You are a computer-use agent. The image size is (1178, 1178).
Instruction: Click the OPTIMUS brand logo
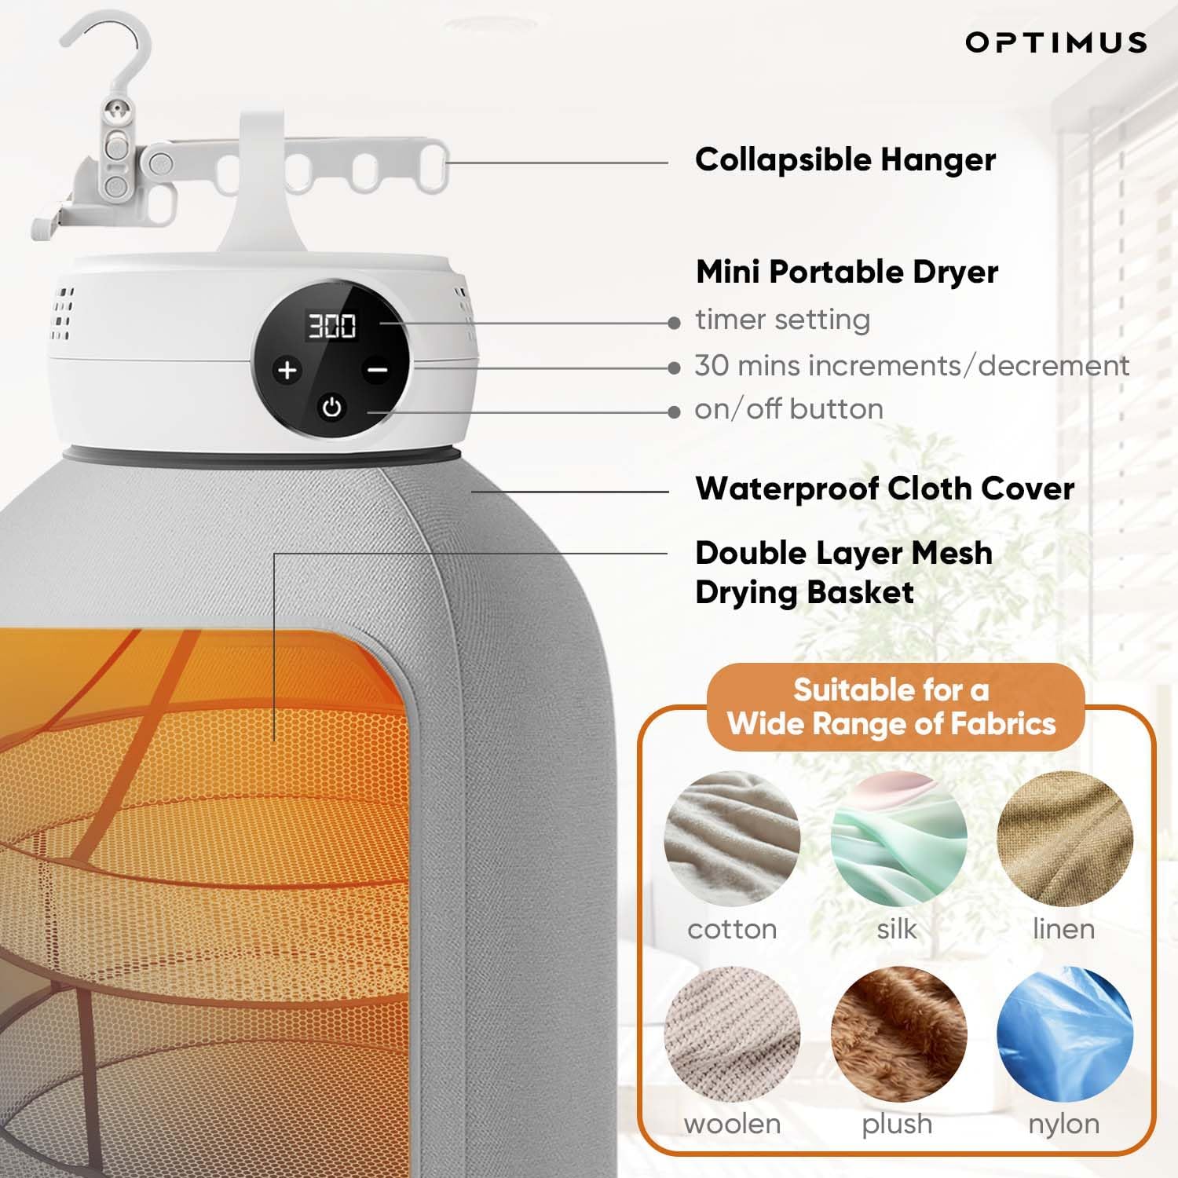click(1055, 42)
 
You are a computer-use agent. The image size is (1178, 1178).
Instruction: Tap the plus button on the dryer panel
click(287, 370)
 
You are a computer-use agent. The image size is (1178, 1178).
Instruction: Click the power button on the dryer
click(332, 408)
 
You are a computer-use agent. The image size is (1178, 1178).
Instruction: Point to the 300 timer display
click(331, 326)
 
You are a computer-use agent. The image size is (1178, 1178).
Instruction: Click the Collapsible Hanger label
click(845, 160)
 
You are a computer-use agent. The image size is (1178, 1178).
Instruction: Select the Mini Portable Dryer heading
click(847, 273)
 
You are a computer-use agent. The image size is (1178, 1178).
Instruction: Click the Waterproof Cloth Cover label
click(884, 488)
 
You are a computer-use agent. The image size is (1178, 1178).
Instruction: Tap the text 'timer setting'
click(782, 320)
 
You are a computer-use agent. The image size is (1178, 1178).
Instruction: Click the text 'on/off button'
click(788, 409)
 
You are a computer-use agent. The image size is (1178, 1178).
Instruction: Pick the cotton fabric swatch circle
click(732, 839)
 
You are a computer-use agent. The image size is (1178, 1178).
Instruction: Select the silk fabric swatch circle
click(898, 839)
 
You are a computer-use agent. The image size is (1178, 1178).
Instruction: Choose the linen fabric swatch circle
click(1064, 839)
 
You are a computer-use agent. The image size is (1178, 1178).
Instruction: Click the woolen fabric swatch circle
click(732, 1033)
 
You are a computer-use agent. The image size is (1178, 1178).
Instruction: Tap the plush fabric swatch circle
click(898, 1033)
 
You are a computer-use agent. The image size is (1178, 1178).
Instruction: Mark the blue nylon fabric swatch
click(1064, 1033)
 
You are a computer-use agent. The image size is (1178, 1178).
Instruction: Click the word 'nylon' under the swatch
click(1063, 1124)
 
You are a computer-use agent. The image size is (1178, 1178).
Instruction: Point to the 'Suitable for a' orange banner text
click(891, 690)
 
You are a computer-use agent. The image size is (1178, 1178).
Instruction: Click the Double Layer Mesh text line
click(843, 554)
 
